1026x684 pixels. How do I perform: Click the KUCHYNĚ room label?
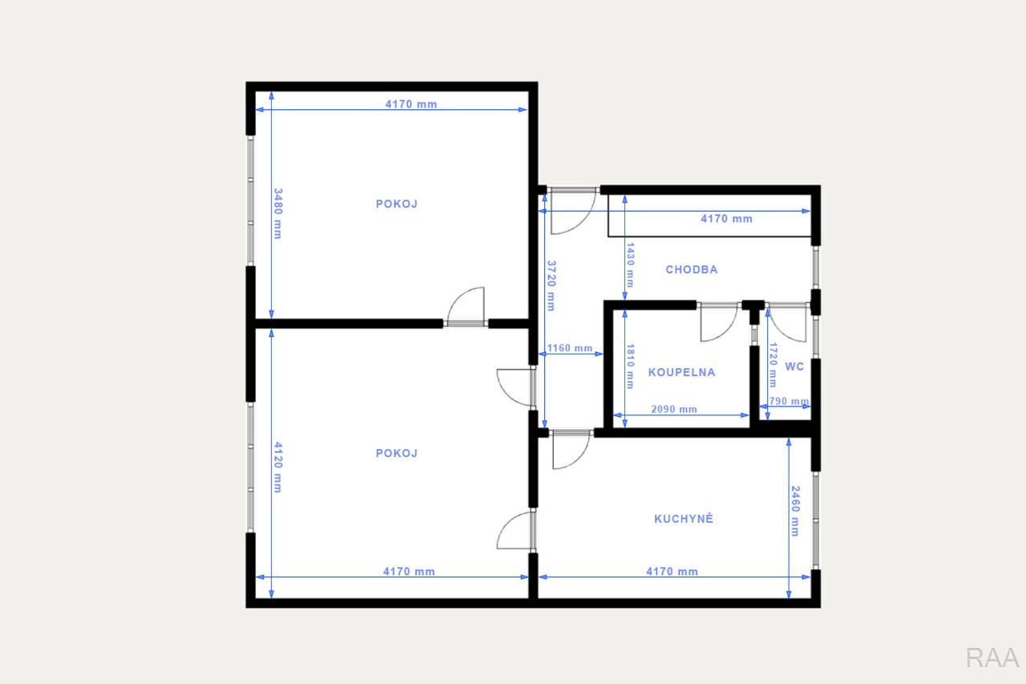coord(684,519)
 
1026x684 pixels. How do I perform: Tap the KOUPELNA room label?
coord(681,372)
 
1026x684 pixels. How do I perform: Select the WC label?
coord(794,366)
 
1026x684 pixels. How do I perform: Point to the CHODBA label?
coord(692,269)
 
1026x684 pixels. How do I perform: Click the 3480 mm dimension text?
coord(278,213)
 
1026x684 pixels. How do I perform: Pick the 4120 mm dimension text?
coord(278,467)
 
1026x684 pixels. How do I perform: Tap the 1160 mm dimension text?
coord(570,348)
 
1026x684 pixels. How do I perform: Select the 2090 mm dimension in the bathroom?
coord(674,409)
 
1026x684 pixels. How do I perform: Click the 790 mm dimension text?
coord(789,401)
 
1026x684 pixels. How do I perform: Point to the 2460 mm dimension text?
coord(796,511)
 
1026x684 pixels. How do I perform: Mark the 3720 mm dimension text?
coord(551,286)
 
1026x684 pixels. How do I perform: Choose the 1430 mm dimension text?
coord(630,265)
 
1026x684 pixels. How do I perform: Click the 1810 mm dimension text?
coord(630,366)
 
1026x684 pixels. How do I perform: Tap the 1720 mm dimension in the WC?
coord(774,365)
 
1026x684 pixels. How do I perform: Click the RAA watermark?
coord(992,658)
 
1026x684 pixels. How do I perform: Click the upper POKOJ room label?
coord(397,204)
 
